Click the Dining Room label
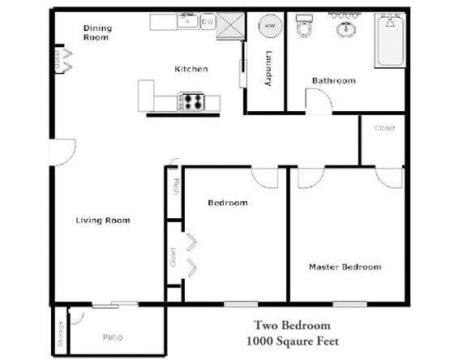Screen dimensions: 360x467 coord(97,32)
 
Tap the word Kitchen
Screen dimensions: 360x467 coord(191,69)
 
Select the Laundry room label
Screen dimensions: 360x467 coord(269,68)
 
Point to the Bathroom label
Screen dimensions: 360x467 coord(334,80)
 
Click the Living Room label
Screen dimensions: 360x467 coord(103,221)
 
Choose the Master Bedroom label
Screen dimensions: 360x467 coord(345,267)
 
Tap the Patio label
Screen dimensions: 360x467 coord(114,336)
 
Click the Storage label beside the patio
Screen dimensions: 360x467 coord(60,334)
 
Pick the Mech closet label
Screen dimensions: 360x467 coord(175,186)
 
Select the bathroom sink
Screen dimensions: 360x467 coord(348,29)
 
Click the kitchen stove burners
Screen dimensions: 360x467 coord(193,101)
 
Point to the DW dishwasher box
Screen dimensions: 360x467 coord(208,21)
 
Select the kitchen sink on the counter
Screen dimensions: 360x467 coord(185,20)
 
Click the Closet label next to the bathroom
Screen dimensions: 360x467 coord(385,128)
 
